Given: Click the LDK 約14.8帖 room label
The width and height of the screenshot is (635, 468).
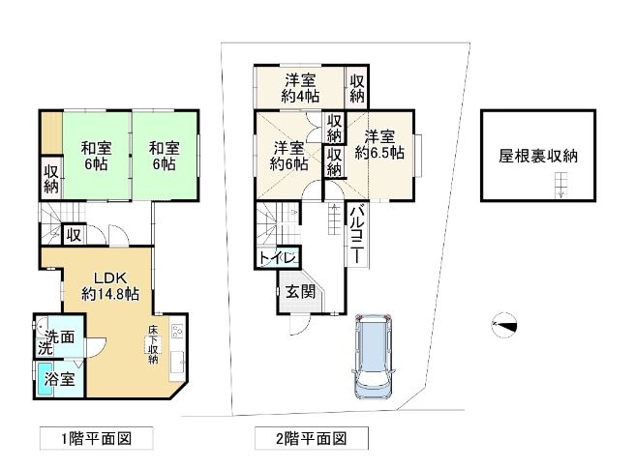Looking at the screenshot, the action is point(110,286).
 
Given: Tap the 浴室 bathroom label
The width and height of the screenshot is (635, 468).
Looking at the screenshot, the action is point(60,379).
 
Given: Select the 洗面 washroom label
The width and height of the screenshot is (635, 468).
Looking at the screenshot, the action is point(60,336).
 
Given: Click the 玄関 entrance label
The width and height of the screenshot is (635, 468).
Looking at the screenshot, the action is point(300,292).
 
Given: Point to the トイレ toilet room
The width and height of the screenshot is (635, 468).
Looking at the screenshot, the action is point(279,258).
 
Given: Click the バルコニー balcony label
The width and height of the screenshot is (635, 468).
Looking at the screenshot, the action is point(356,235).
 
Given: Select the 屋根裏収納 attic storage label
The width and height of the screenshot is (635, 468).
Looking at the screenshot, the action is point(538,156).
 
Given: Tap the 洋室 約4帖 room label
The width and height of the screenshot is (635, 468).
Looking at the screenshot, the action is point(300,88).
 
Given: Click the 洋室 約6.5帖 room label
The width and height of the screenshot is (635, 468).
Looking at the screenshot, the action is point(379,144).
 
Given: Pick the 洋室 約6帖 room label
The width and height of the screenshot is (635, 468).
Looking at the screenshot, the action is point(288,156).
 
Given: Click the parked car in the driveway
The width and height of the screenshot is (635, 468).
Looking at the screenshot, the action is point(373,356).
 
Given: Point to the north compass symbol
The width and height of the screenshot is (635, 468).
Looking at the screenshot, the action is point(504,326).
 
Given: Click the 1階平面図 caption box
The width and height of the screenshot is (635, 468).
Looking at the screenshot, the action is point(97,438).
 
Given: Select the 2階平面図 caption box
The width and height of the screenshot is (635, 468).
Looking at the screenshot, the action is point(312,438).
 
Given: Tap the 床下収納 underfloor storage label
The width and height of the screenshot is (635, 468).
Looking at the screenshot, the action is point(153,344).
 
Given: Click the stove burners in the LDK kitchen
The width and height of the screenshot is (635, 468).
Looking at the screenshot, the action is point(177,332).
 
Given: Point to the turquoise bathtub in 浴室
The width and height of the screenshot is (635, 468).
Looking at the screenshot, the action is point(43,380).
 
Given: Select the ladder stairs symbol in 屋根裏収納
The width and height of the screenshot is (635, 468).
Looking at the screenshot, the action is point(560,185).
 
